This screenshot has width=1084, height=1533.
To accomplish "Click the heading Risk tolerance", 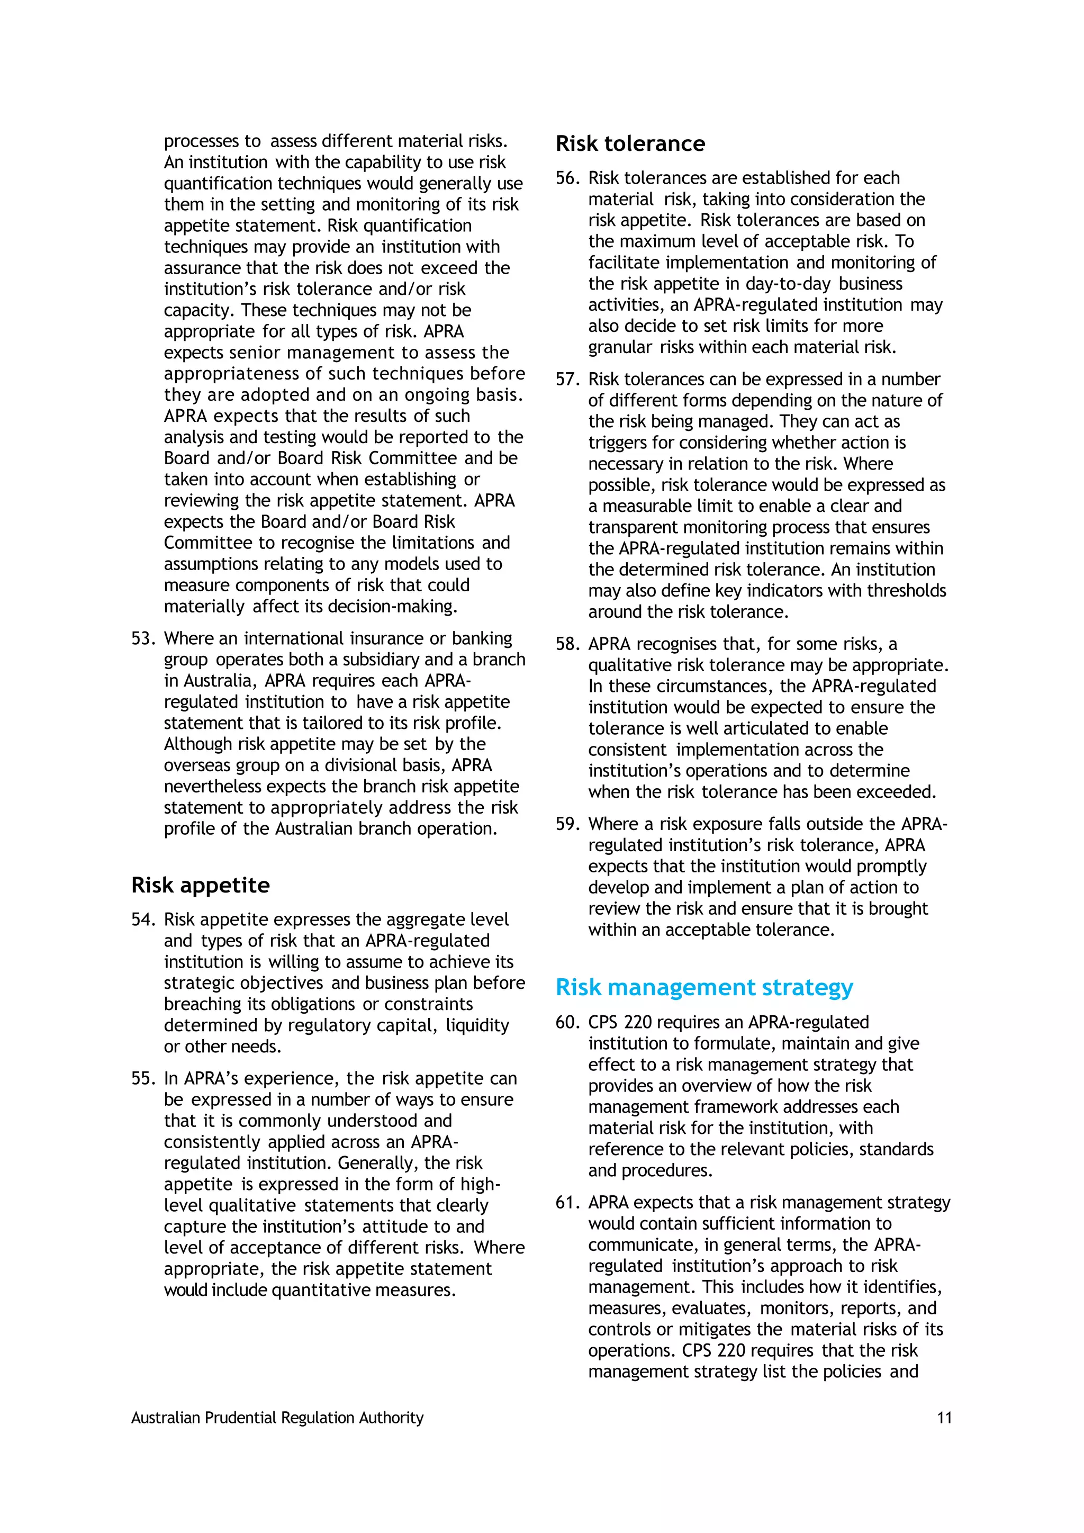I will [629, 143].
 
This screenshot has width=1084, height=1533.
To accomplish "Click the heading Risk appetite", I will [200, 886].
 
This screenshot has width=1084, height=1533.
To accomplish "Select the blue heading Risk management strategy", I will [704, 987].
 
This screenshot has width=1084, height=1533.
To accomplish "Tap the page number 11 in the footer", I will [944, 1418].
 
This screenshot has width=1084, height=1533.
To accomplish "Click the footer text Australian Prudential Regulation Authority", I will [277, 1418].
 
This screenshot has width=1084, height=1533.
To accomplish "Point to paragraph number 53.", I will [143, 638].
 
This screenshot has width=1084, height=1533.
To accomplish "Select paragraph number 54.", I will [143, 919].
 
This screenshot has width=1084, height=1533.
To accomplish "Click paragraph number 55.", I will [143, 1078].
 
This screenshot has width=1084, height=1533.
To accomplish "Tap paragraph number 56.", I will [567, 178].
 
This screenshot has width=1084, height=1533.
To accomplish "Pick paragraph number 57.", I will [567, 379].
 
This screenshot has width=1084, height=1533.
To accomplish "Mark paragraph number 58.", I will [567, 644].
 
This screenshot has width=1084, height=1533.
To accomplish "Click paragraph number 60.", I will [567, 1022].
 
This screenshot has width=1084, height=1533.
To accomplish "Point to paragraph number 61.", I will [567, 1203].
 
